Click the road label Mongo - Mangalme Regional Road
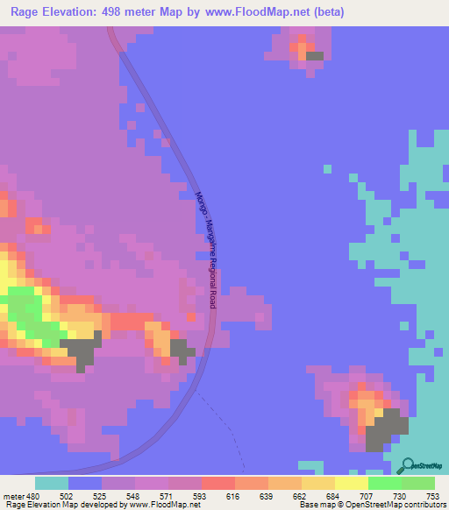(x=206, y=250)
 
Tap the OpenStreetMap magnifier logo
(x=406, y=465)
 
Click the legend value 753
(x=431, y=495)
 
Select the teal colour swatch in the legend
(x=52, y=483)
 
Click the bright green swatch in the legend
(x=384, y=483)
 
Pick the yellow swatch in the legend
(x=351, y=483)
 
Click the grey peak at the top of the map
(x=314, y=56)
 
